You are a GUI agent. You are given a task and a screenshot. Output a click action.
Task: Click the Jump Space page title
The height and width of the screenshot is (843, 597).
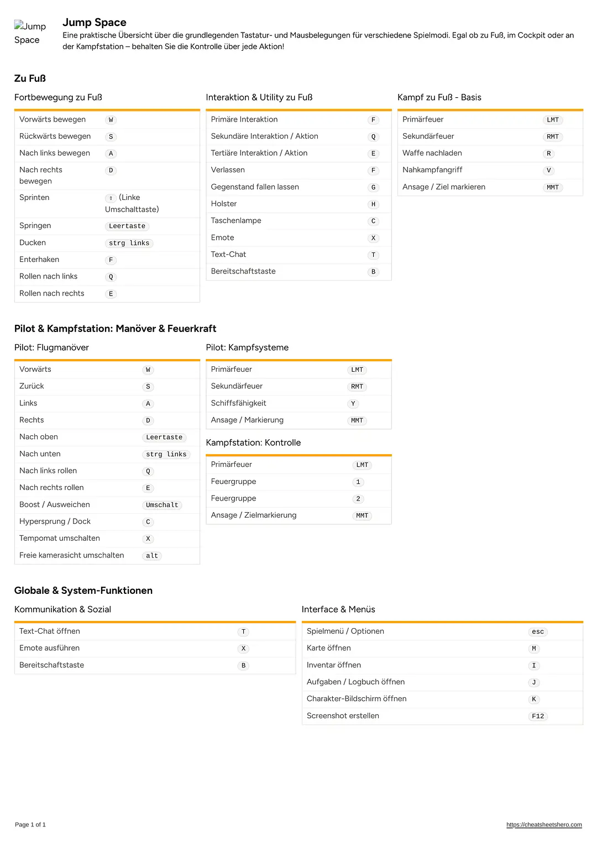pyautogui.click(x=95, y=23)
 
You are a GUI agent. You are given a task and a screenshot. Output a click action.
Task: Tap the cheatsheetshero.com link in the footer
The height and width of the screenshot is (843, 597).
pyautogui.click(x=544, y=825)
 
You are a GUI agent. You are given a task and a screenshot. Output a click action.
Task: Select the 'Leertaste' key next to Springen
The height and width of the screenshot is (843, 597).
pyautogui.click(x=127, y=226)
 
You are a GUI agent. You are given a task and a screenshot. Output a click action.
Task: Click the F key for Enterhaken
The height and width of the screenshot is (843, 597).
pyautogui.click(x=111, y=260)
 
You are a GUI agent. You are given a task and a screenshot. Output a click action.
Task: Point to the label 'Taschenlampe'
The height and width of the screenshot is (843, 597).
pyautogui.click(x=236, y=220)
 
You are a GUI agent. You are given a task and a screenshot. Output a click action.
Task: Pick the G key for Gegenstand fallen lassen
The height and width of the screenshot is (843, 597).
pyautogui.click(x=374, y=187)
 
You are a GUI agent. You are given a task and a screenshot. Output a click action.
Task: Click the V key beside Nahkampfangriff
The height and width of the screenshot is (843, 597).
pyautogui.click(x=549, y=170)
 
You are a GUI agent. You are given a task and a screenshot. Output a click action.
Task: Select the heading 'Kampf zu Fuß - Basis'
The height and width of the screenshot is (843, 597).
pyautogui.click(x=439, y=97)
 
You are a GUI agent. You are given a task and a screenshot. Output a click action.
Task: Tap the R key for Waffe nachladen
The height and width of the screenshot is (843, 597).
pyautogui.click(x=549, y=154)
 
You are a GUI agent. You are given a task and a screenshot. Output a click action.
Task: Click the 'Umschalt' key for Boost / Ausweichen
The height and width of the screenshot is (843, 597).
pyautogui.click(x=162, y=505)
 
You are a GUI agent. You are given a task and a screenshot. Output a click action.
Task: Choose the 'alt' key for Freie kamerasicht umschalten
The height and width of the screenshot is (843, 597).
pyautogui.click(x=152, y=556)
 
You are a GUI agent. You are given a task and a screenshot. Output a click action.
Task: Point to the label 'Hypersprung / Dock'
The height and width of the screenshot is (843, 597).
pyautogui.click(x=55, y=521)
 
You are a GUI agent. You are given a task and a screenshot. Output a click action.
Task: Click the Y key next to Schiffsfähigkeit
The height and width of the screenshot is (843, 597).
pyautogui.click(x=353, y=404)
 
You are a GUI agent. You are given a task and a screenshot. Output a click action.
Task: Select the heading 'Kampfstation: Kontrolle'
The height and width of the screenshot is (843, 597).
pyautogui.click(x=253, y=442)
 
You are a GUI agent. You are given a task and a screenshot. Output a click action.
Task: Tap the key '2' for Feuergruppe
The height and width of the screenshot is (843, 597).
pyautogui.click(x=358, y=499)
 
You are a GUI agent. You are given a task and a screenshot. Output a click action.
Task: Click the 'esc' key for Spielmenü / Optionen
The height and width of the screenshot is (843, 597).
pyautogui.click(x=538, y=631)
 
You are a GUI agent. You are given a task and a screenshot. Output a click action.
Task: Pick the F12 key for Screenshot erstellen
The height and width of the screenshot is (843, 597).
pyautogui.click(x=538, y=716)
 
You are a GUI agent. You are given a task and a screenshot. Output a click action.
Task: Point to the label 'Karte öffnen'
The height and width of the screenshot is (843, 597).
pyautogui.click(x=328, y=648)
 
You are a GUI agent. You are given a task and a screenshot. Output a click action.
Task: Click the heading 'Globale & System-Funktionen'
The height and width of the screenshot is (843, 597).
pyautogui.click(x=83, y=591)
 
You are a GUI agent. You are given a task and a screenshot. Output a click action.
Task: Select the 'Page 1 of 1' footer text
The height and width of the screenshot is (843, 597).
pyautogui.click(x=30, y=825)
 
